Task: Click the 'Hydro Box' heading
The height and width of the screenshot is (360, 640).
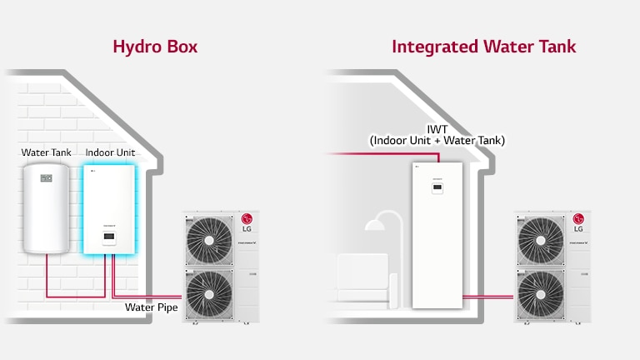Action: pyautogui.click(x=156, y=46)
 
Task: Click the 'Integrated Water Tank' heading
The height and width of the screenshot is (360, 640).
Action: pyautogui.click(x=483, y=46)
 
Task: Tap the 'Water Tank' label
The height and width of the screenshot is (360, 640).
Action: pyautogui.click(x=46, y=153)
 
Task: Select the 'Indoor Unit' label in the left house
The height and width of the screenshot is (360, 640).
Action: pyautogui.click(x=110, y=153)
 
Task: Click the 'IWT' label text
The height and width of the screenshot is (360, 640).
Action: pyautogui.click(x=437, y=129)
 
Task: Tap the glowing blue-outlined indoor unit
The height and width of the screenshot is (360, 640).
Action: pyautogui.click(x=109, y=208)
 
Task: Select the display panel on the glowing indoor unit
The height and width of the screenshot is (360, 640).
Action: pyautogui.click(x=109, y=238)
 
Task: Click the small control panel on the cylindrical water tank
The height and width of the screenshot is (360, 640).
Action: pyautogui.click(x=47, y=177)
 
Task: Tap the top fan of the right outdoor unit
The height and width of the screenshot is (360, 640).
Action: pyautogui.click(x=540, y=240)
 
